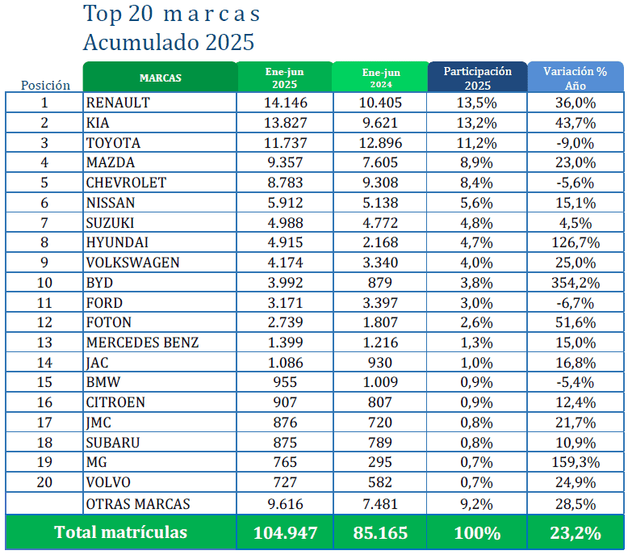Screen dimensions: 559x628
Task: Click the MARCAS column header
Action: [x=160, y=78]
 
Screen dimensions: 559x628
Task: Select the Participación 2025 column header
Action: [x=477, y=78]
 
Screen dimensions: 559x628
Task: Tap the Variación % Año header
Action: [x=576, y=78]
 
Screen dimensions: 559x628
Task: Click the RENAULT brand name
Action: [x=118, y=103]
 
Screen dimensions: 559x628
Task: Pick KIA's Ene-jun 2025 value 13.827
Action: [x=285, y=123]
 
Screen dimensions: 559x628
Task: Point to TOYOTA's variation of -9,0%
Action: [x=576, y=143]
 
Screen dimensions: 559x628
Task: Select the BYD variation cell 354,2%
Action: [x=576, y=283]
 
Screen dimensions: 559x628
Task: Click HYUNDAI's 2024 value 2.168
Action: [x=379, y=242]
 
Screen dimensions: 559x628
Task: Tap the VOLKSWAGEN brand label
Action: [x=133, y=263]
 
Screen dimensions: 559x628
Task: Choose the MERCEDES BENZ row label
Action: [x=142, y=343]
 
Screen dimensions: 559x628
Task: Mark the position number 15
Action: [x=44, y=383]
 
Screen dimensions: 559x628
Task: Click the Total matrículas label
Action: [x=120, y=532]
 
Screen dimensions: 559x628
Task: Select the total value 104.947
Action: [x=285, y=533]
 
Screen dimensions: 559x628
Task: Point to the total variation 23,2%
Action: [x=576, y=533]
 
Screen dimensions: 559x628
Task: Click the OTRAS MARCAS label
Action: [x=138, y=503]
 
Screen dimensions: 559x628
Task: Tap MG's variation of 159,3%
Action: [x=576, y=463]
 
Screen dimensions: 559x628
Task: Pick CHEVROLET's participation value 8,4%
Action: [x=477, y=183]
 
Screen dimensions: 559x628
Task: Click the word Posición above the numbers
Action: [x=45, y=85]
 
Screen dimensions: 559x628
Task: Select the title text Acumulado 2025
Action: [x=168, y=41]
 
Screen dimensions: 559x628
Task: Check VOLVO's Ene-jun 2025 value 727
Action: [x=285, y=483]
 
